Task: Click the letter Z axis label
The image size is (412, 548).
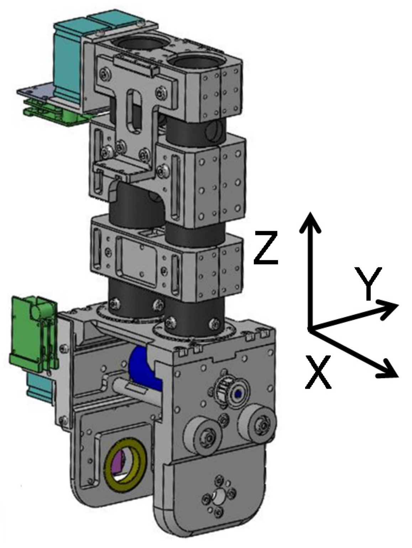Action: click(266, 248)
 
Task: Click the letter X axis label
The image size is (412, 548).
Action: click(318, 372)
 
